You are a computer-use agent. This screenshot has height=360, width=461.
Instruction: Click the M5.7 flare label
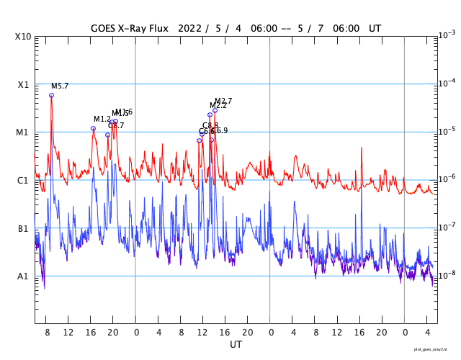coord(60,86)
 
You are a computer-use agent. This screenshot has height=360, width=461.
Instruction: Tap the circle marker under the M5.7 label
coord(51,95)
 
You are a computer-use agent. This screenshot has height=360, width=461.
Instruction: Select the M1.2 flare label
coord(102,120)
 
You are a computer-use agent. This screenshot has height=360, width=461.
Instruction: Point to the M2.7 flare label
coord(223,102)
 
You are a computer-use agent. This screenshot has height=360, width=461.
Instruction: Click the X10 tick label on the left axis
coord(23,37)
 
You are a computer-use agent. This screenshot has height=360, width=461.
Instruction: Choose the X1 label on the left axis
coord(23,85)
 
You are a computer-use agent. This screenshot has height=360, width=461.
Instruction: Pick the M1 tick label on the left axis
coord(23,132)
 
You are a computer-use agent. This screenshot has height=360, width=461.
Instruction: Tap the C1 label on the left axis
coord(23,181)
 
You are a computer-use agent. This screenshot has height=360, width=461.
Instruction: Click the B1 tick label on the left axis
coord(23,229)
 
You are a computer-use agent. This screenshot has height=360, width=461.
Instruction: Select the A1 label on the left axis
coord(23,276)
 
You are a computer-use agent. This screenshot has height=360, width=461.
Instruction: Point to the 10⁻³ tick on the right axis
coord(446,35)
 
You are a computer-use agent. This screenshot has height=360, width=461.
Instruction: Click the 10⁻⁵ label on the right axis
coord(446,131)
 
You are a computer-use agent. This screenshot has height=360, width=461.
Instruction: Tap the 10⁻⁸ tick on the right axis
coord(446,275)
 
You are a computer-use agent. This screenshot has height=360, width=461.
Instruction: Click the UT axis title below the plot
coord(236,345)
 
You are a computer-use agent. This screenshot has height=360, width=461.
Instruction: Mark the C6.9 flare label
coord(220,131)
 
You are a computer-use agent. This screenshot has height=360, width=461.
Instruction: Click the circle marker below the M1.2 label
coord(93,129)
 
